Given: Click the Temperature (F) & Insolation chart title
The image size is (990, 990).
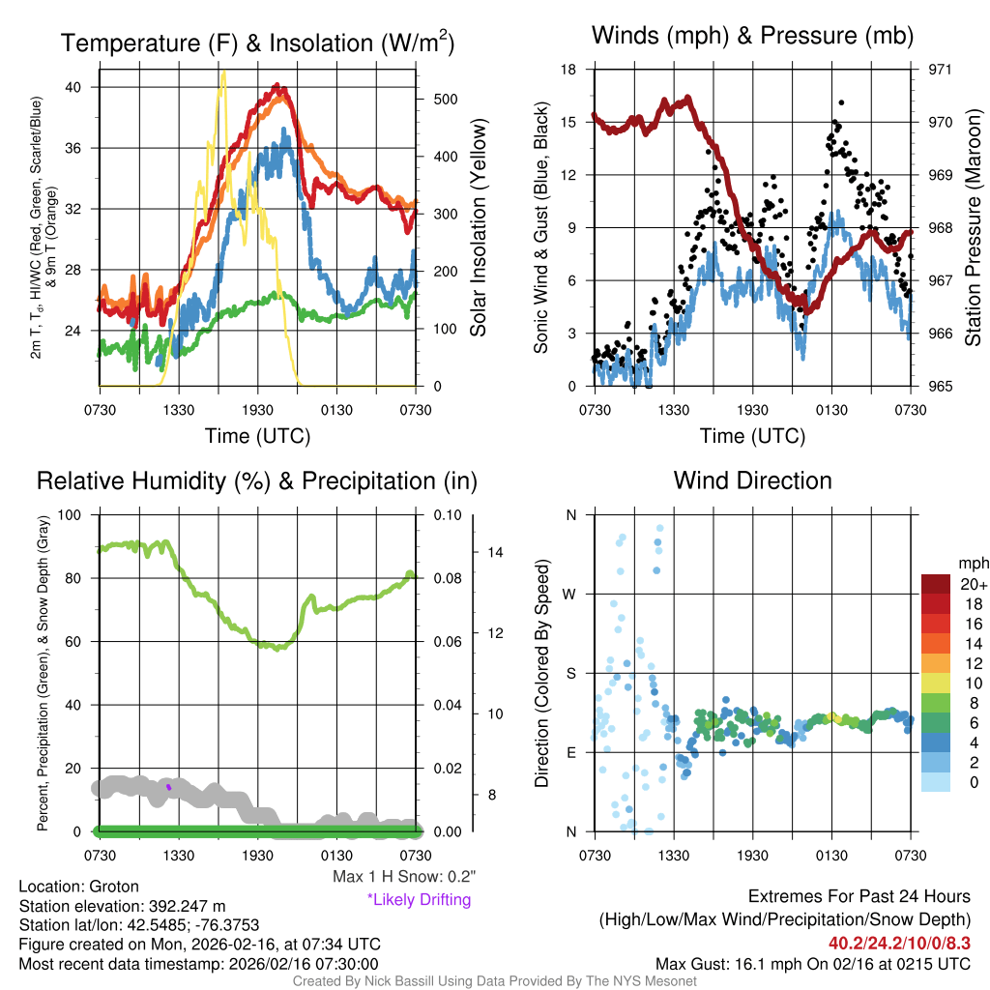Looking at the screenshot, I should (x=257, y=44).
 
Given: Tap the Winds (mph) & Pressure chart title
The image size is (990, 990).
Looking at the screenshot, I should (x=752, y=37).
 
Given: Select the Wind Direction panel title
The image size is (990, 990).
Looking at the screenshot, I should (x=752, y=480).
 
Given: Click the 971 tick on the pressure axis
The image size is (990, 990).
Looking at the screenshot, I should (x=940, y=70).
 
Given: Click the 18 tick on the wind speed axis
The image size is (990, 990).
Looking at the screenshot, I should (x=568, y=70).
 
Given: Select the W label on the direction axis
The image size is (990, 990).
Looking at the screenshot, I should (x=570, y=594).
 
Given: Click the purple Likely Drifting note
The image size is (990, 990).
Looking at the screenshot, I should (x=419, y=900).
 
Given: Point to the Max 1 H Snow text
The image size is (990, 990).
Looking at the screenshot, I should (x=403, y=877).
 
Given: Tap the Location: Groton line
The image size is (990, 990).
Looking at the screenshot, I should (x=79, y=887).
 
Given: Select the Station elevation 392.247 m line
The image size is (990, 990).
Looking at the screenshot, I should (x=122, y=906).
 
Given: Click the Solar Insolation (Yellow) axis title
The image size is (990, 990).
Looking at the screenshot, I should (x=479, y=228).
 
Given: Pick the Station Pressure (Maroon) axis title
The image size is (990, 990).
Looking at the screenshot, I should (x=974, y=228).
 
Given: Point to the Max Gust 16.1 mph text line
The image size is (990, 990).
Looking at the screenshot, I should (x=813, y=963).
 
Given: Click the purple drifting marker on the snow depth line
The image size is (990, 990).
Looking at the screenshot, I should (x=168, y=787).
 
